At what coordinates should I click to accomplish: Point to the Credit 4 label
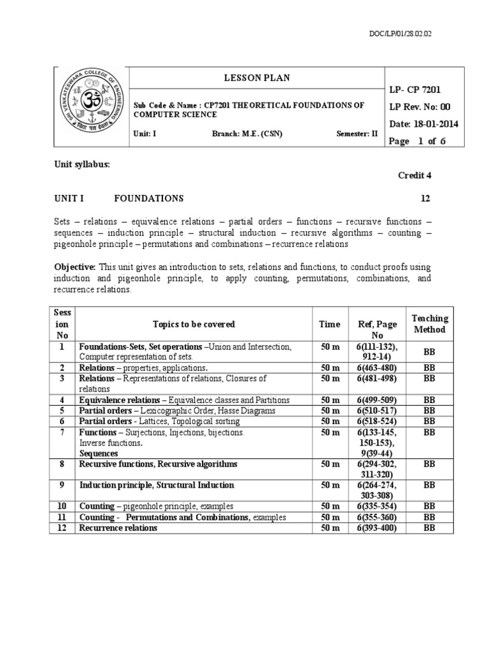[x=415, y=175]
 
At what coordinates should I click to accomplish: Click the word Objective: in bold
[x=74, y=266]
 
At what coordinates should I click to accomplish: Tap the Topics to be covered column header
[x=194, y=324]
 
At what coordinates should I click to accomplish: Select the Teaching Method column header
[x=430, y=323]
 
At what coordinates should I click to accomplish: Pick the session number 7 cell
[x=62, y=432]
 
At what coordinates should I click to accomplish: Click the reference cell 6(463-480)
[x=378, y=368]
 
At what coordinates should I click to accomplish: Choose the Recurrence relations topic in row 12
[x=118, y=528]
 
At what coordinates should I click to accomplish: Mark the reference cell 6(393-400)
[x=378, y=528]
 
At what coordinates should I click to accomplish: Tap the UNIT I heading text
[x=69, y=198]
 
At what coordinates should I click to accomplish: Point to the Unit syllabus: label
[x=82, y=164]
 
